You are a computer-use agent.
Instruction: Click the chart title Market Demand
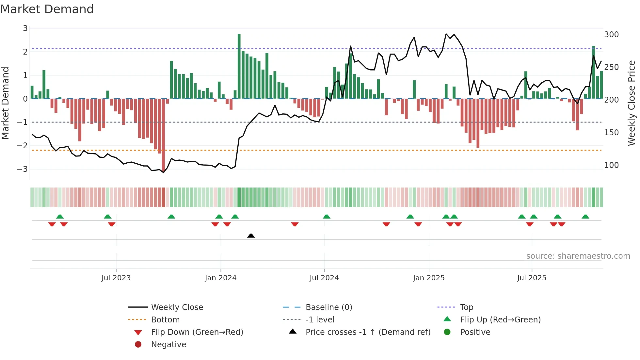[47, 9]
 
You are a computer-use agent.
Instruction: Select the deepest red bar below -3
[163, 134]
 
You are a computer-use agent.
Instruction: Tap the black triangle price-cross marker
[251, 236]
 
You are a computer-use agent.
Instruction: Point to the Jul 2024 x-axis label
[324, 278]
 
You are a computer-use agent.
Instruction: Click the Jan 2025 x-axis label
[428, 278]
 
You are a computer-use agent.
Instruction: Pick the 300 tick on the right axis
[611, 35]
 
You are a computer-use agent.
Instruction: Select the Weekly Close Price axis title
[632, 103]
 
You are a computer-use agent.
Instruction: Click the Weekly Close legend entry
[177, 307]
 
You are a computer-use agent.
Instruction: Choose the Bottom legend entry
[165, 320]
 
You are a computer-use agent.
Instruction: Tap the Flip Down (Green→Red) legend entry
[197, 332]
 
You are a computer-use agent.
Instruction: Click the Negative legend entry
[168, 345]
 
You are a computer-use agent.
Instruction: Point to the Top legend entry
[467, 307]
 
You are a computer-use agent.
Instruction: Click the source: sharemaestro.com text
[578, 256]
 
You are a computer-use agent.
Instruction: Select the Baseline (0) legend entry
[328, 307]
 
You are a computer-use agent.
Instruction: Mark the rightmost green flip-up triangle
[585, 217]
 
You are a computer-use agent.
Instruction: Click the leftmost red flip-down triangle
[52, 224]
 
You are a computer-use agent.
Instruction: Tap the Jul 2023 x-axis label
[116, 278]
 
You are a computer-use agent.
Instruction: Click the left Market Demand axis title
[5, 103]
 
